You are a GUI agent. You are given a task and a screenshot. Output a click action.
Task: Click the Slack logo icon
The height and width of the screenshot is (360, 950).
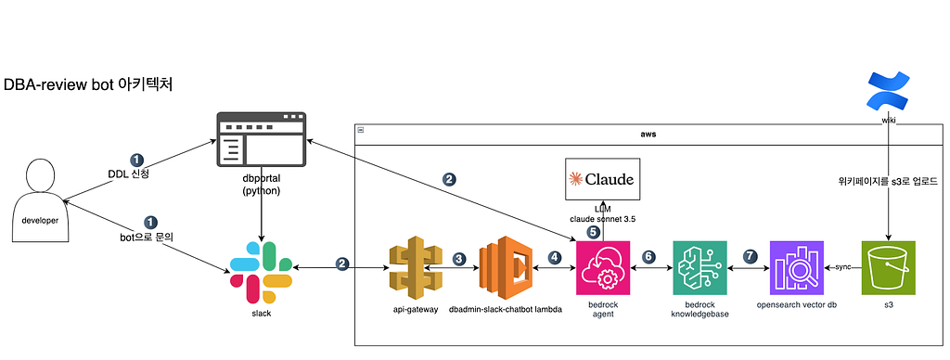click(262, 272)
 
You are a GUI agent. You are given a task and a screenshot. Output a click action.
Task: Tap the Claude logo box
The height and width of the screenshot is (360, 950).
click(601, 179)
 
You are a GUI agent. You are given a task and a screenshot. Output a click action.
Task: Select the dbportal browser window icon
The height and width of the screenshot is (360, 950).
click(261, 139)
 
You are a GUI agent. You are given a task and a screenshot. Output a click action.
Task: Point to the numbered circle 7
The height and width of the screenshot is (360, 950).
click(751, 256)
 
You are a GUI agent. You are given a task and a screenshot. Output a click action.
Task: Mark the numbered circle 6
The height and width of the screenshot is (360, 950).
click(648, 256)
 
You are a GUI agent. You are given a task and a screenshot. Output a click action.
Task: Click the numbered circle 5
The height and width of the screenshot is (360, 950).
click(593, 232)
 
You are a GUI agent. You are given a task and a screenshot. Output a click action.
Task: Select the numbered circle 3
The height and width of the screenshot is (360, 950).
click(459, 258)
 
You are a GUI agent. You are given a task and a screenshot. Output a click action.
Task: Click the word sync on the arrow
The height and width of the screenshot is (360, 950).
click(842, 266)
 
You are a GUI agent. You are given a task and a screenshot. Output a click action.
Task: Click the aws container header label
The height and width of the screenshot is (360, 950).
click(648, 134)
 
